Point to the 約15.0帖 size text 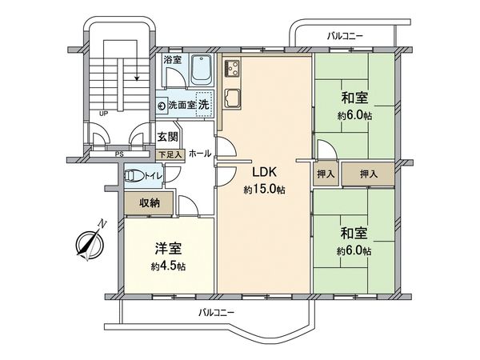(x=264, y=190)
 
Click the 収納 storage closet (x=150, y=203)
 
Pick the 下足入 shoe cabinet (x=170, y=153)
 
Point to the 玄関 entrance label (x=167, y=137)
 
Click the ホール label (x=200, y=152)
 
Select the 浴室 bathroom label (x=172, y=61)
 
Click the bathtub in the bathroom (x=202, y=76)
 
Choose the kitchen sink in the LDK (x=234, y=100)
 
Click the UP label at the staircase (x=103, y=114)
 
